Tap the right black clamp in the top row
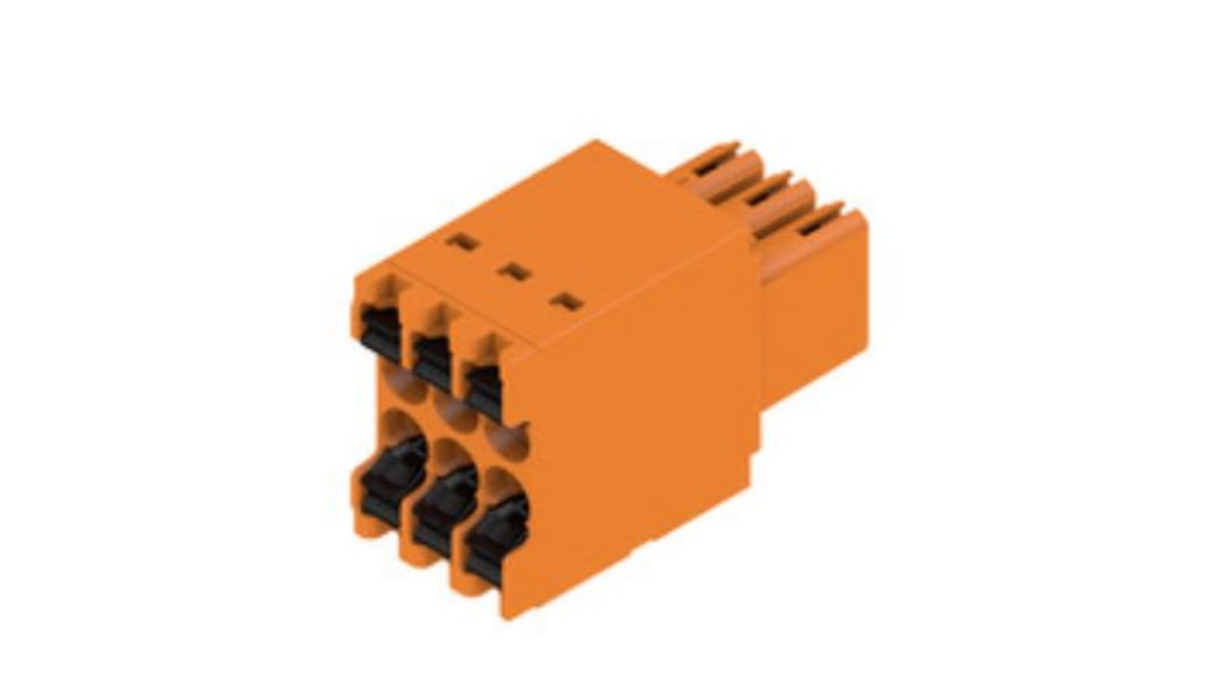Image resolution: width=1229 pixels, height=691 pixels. pyautogui.click(x=484, y=391)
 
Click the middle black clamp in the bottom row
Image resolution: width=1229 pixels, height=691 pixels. pyautogui.click(x=443, y=509)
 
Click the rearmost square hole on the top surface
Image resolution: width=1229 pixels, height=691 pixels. pyautogui.click(x=462, y=242)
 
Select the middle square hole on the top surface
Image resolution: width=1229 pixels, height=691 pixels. pyautogui.click(x=516, y=272)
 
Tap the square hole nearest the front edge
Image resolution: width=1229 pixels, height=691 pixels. pyautogui.click(x=568, y=302)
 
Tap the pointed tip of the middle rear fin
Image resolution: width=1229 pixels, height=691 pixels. pyautogui.click(x=788, y=175)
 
